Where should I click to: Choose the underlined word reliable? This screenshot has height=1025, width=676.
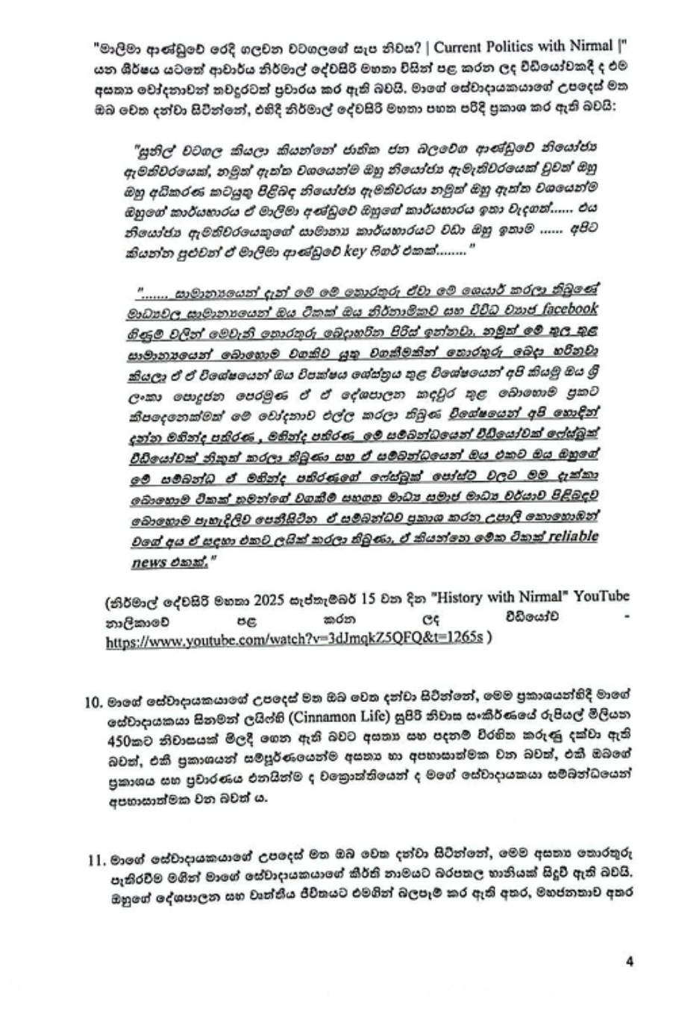(x=569, y=537)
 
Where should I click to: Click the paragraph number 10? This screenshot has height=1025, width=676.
(x=93, y=701)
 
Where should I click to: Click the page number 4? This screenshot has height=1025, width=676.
(x=630, y=962)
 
